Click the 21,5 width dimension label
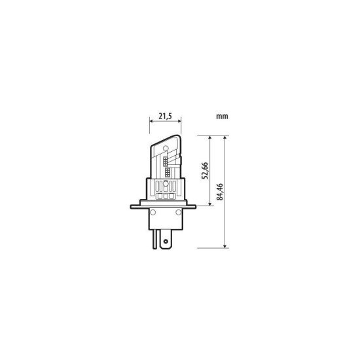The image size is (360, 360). click(x=166, y=116)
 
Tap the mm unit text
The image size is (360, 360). click(x=222, y=117)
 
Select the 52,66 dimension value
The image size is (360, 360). click(x=205, y=171)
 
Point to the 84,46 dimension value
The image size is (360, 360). click(x=220, y=192)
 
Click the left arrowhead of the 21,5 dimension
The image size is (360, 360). click(x=151, y=120)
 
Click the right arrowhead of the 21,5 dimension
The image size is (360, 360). click(x=179, y=120)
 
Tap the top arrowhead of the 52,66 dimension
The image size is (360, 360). click(x=210, y=137)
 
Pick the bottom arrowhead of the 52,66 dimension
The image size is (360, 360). click(x=210, y=204)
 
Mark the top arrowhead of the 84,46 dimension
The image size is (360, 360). click(x=225, y=137)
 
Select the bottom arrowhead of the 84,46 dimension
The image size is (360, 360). click(x=225, y=246)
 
